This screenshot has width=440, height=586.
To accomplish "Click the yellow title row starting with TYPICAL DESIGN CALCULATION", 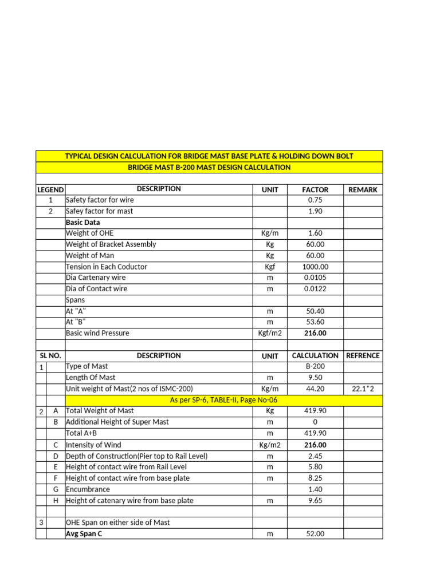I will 209,156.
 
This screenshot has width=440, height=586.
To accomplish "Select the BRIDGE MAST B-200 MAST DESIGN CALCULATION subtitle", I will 209,167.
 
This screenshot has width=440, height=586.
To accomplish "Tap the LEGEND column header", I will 50,189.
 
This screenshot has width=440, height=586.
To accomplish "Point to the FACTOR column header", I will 315,189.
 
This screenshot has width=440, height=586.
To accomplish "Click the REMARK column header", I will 363,189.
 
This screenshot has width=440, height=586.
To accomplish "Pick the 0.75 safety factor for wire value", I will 315,200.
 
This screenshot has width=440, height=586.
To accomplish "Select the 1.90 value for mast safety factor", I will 315,211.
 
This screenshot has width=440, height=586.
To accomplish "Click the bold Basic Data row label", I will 83,222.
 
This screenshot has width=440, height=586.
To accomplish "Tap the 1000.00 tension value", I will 315,267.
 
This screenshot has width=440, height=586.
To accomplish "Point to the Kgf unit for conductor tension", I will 270,267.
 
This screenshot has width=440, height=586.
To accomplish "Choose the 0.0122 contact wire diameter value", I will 315,289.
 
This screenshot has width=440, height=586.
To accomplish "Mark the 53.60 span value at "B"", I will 315,322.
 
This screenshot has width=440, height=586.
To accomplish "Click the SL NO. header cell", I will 50,356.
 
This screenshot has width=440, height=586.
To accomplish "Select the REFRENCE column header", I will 363,356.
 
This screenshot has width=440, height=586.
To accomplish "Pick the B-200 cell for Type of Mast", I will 315,366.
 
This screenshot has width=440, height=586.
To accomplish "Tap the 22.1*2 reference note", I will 363,389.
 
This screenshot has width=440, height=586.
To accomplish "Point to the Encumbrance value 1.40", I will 315,489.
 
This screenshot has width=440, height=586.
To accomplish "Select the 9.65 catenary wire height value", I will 315,501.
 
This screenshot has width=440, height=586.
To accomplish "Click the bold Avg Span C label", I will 84,534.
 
